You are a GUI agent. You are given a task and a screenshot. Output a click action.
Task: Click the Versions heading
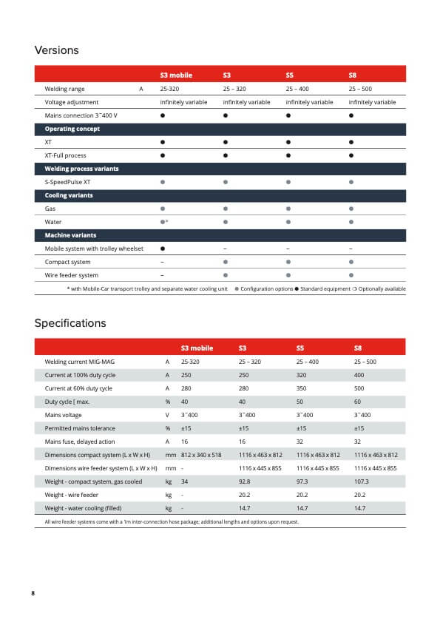click(56, 50)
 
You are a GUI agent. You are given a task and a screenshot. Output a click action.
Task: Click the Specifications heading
click(70, 323)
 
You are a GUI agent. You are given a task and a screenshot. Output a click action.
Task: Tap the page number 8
click(33, 593)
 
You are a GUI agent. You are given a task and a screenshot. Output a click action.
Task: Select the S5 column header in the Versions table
click(290, 75)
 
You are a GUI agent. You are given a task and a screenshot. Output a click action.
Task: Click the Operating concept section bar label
click(72, 129)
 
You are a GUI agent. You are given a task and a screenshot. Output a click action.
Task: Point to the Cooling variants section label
click(69, 195)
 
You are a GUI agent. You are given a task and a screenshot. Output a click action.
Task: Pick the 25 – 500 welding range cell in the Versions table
click(360, 89)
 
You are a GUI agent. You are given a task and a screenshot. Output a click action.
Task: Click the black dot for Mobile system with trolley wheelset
click(163, 249)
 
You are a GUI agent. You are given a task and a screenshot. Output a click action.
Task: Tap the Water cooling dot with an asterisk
click(164, 222)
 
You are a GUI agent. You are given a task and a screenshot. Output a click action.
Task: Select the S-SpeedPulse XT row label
click(67, 182)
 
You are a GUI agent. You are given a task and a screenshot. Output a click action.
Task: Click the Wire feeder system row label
click(72, 275)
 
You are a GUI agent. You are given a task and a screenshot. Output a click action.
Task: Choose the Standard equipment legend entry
click(322, 288)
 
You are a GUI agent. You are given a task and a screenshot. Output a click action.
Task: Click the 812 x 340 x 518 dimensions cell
click(201, 455)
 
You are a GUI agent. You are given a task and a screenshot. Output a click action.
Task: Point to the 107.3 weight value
click(362, 481)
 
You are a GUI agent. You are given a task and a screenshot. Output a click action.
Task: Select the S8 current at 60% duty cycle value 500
click(359, 388)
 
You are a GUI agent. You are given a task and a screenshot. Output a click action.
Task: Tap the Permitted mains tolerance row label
click(80, 428)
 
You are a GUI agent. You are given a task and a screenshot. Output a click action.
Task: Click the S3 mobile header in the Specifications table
click(197, 348)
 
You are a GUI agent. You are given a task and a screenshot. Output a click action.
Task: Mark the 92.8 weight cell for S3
click(244, 481)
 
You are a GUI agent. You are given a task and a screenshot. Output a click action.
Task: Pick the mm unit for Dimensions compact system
click(171, 455)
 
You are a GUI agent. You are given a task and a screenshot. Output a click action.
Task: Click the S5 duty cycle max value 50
click(299, 402)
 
